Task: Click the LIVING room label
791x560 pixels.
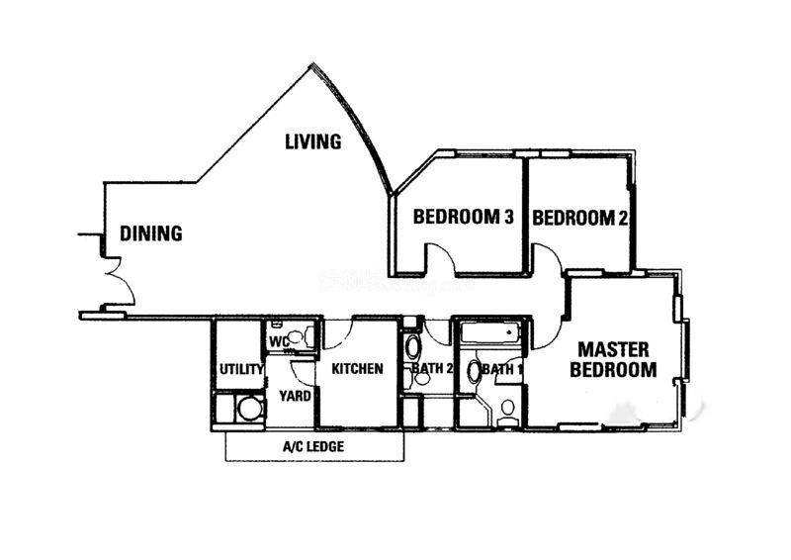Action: [x=312, y=141]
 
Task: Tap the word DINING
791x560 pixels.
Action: [x=151, y=233]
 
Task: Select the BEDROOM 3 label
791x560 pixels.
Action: [x=463, y=217]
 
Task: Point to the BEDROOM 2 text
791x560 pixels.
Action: [x=580, y=218]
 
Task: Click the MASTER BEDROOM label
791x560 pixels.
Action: [x=613, y=359]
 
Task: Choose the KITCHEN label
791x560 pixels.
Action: [x=357, y=369]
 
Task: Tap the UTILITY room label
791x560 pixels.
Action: [x=241, y=370]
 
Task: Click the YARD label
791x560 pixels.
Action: [x=295, y=396]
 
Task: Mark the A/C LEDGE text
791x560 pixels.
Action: [x=313, y=446]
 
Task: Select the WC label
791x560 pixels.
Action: [x=279, y=342]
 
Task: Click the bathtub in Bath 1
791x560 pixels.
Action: [x=490, y=333]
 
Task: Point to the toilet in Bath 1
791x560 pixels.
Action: [x=507, y=412]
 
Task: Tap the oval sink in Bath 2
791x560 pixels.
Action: [x=413, y=347]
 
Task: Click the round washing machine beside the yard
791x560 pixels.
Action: [x=251, y=409]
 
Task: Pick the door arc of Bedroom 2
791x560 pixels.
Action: [x=554, y=253]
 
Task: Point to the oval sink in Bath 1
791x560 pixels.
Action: [x=475, y=371]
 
